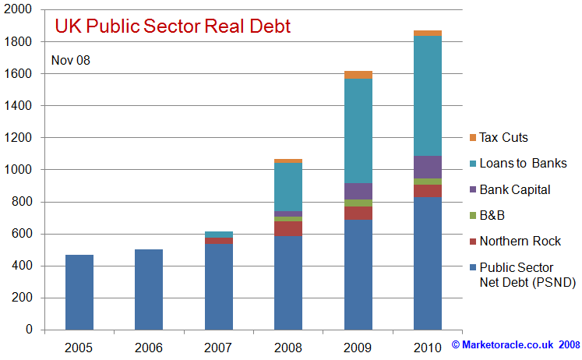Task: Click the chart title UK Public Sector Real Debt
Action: click(x=172, y=26)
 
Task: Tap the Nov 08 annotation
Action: click(x=71, y=60)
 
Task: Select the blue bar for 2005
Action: click(x=79, y=292)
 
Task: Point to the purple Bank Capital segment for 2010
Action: click(x=428, y=167)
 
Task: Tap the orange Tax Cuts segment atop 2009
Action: click(x=358, y=75)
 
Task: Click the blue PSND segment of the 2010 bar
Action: click(x=428, y=263)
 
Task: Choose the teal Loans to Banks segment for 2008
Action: click(x=288, y=187)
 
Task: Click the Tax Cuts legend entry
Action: click(x=503, y=138)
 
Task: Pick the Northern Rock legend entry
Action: click(x=520, y=241)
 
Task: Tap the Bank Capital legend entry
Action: click(x=514, y=189)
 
